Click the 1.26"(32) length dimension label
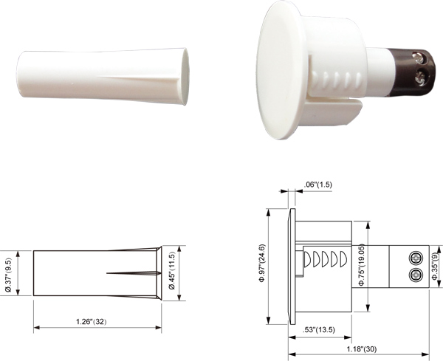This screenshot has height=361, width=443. [92, 321]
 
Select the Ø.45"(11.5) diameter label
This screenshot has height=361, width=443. [171, 270]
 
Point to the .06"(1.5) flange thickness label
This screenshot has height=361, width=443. [317, 185]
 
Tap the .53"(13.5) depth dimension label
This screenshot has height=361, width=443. [319, 330]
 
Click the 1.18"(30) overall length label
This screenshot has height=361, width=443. [362, 349]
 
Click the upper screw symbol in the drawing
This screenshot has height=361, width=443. [416, 258]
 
